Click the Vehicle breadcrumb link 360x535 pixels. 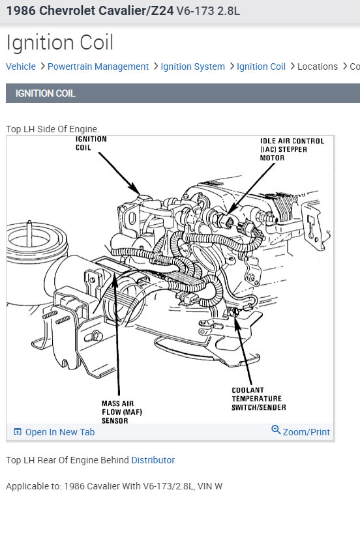(21, 66)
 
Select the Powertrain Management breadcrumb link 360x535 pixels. (98, 66)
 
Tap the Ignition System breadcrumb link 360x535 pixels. (192, 66)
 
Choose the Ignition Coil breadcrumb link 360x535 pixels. (261, 66)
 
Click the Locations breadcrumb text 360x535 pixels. (318, 66)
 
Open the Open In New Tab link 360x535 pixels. (60, 432)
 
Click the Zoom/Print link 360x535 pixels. (307, 432)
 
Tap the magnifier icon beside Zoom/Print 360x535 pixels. (276, 429)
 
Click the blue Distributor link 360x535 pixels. (153, 460)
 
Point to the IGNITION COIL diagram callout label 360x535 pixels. (91, 143)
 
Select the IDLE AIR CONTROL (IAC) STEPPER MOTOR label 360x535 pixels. (292, 149)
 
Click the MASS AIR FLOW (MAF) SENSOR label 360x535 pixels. (121, 412)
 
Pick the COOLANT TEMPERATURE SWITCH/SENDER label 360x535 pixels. (258, 399)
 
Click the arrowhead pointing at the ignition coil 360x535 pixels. (136, 190)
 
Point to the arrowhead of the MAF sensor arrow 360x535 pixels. (115, 278)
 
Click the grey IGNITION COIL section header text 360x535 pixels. (45, 93)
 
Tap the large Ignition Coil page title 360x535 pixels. (60, 42)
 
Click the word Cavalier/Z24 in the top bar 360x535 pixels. (106, 11)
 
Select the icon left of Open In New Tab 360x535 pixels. (18, 431)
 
